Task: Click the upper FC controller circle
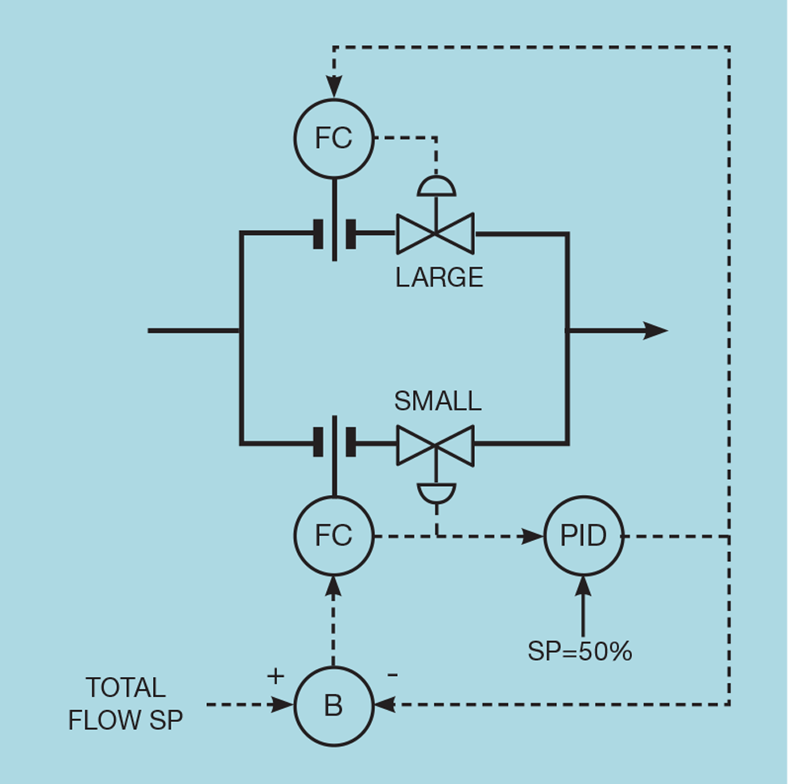point(333,138)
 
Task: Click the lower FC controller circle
point(333,536)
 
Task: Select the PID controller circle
point(584,536)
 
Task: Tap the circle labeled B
point(333,705)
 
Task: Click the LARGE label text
point(439,277)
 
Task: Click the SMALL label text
point(437,401)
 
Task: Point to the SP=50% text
point(580,651)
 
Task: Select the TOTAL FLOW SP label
point(126,704)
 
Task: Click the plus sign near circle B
point(275,675)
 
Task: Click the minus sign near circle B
point(392,675)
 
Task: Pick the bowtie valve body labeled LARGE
point(435,233)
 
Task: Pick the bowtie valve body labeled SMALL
point(435,445)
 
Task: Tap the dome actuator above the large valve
point(436,186)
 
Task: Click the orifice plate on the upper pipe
point(334,233)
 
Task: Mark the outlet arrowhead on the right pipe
point(655,330)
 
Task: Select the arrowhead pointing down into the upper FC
point(333,87)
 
